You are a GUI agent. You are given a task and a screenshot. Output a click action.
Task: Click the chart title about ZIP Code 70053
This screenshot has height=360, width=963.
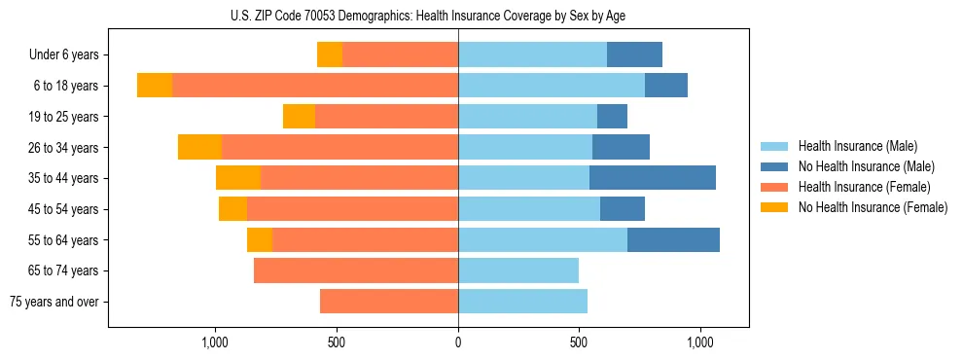tap(428, 16)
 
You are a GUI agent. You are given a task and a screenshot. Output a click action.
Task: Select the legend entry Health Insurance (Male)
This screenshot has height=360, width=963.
tap(857, 146)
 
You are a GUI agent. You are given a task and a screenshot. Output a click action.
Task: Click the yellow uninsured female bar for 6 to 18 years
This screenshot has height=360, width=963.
tap(155, 86)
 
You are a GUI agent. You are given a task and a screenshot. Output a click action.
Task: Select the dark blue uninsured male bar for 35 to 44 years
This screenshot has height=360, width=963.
tap(653, 178)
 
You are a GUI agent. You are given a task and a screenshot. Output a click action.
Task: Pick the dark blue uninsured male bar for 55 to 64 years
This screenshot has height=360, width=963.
tap(673, 239)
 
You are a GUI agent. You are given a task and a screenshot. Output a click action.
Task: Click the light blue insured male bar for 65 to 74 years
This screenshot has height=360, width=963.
tap(518, 270)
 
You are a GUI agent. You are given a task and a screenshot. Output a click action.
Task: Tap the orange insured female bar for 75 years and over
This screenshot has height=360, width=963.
tap(389, 302)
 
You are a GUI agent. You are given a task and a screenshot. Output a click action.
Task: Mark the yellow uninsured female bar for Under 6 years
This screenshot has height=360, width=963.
tap(330, 55)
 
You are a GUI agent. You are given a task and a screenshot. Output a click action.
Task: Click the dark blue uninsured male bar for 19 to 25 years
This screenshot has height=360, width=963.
tap(612, 117)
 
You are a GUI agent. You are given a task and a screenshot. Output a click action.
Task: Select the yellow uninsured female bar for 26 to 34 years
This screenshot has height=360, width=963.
tap(199, 147)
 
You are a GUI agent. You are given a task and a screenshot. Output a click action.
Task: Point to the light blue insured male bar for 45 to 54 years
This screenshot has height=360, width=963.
tap(529, 209)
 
